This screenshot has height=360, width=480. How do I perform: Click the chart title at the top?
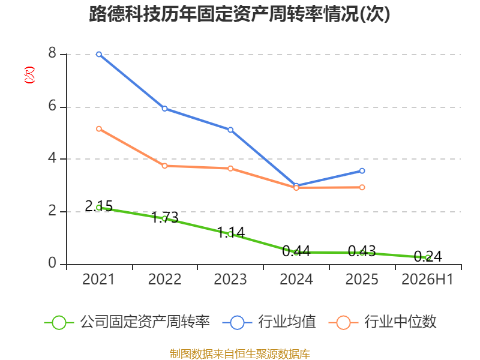pos(239,14)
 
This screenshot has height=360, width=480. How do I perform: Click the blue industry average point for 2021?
pos(99,55)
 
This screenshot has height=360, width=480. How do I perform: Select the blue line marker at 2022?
pos(164,109)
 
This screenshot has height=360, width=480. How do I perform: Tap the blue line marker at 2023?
pos(230,130)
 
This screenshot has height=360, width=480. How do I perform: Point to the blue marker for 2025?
pos(362,171)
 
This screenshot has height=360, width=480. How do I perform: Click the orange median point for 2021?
pos(99,129)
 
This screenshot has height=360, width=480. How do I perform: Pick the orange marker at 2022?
pos(164,166)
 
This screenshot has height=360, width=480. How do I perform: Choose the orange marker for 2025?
pos(362,187)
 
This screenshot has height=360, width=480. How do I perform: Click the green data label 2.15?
pos(98,206)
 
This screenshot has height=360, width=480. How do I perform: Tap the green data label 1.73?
pos(165,218)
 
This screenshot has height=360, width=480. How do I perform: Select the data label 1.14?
pos(231,233)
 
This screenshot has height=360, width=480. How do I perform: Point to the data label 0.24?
pos(428,257)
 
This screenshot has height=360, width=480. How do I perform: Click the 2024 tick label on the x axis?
pos(296,279)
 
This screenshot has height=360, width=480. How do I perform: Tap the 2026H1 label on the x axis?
pos(427,279)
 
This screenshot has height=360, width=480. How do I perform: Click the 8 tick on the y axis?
pos(52,53)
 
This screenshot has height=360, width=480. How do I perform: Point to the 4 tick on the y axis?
pos(52,158)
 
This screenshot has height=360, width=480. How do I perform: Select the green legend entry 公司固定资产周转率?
pos(127,322)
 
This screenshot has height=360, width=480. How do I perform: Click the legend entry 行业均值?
pos(269,322)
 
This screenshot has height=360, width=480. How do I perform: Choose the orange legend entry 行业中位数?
pos(382,322)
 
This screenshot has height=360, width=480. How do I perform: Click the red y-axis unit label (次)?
pos(29,74)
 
